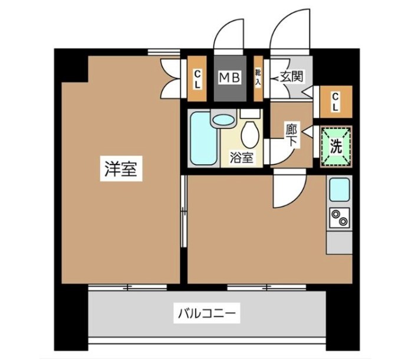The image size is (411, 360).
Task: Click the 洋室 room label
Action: pyautogui.click(x=121, y=170)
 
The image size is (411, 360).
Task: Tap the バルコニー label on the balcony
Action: pyautogui.click(x=207, y=312)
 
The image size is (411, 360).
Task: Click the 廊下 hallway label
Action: pyautogui.click(x=291, y=135)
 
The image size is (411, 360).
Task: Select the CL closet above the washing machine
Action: pyautogui.click(x=335, y=101)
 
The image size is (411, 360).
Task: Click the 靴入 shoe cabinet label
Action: pyautogui.click(x=258, y=77)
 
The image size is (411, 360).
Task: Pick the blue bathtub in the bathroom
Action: pyautogui.click(x=203, y=140)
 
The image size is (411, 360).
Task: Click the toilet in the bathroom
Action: pyautogui.click(x=250, y=134)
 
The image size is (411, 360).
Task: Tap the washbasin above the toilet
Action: pyautogui.click(x=223, y=120)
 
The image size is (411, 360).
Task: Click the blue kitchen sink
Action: pyautogui.click(x=339, y=189)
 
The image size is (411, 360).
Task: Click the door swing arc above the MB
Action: pyautogui.click(x=228, y=37)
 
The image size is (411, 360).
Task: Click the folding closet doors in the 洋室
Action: pyautogui.click(x=171, y=77)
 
